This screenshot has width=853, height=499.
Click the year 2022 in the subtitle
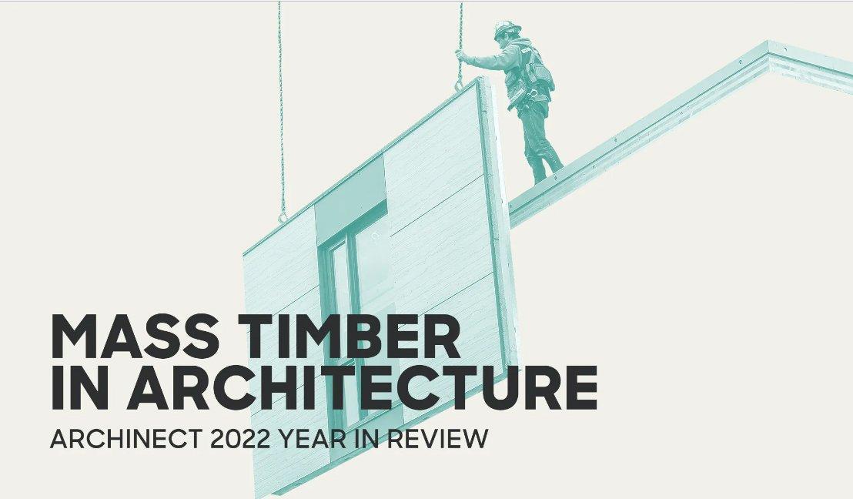[x=239, y=439]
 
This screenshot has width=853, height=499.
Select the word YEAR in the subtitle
[x=313, y=439]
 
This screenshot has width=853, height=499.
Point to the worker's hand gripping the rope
[x=461, y=55]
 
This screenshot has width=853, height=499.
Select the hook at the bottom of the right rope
[x=459, y=84]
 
